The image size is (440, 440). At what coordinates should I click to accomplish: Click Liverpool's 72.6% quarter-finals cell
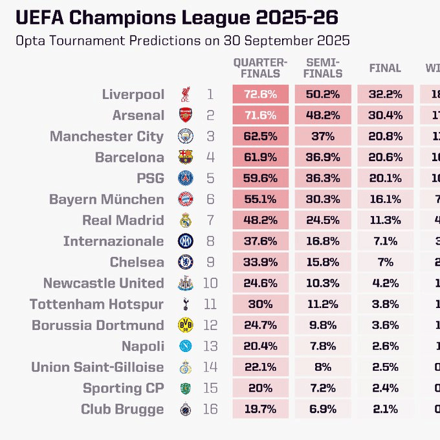[x=260, y=94]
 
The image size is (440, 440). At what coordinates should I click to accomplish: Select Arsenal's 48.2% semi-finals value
[x=322, y=116]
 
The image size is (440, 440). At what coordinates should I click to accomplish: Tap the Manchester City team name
[x=107, y=137]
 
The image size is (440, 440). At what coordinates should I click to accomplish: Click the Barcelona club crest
[x=186, y=157]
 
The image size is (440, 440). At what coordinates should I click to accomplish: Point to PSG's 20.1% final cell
[x=384, y=179]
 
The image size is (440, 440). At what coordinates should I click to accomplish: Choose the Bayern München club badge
[x=186, y=199]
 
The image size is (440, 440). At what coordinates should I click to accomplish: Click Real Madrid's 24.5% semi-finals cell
[x=322, y=220]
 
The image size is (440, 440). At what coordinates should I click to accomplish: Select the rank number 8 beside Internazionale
[x=210, y=241]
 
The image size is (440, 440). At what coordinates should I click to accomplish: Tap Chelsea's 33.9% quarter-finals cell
[x=260, y=262]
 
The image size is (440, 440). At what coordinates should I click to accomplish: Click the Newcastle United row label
[x=104, y=283]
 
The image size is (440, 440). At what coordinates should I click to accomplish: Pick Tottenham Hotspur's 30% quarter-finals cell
[x=260, y=304]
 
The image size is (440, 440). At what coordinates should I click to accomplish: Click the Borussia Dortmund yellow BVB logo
[x=186, y=325]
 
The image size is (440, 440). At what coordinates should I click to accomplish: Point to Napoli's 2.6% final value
[x=384, y=346]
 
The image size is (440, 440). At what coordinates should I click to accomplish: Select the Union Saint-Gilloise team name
[x=97, y=368]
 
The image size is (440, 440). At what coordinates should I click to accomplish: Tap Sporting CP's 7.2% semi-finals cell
[x=322, y=388]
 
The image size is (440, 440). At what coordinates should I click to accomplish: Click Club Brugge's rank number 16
[x=210, y=410]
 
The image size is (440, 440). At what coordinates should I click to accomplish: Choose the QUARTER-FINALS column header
[x=260, y=68]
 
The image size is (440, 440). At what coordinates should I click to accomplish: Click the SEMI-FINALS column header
[x=322, y=68]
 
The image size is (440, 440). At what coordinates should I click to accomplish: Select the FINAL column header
[x=384, y=68]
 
